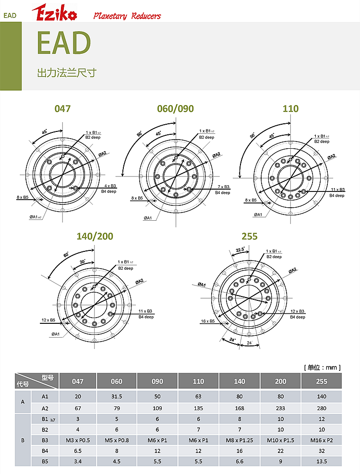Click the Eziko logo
pyautogui.click(x=54, y=12)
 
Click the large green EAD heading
pyautogui.click(x=64, y=43)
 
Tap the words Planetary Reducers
pyautogui.click(x=127, y=16)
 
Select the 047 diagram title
pyautogui.click(x=62, y=108)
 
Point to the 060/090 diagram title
pyautogui.click(x=176, y=108)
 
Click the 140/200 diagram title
pyautogui.click(x=95, y=236)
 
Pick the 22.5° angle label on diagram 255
pyautogui.click(x=240, y=249)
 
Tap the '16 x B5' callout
pyautogui.click(x=208, y=321)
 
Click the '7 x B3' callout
pyautogui.click(x=224, y=187)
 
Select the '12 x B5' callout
pyautogui.click(x=48, y=320)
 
